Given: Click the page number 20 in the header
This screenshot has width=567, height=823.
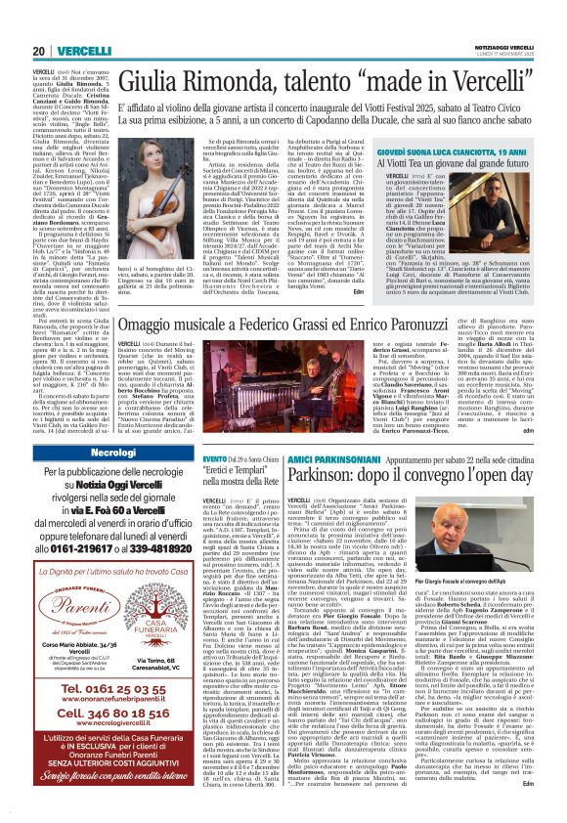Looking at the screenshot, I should coord(39,24).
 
